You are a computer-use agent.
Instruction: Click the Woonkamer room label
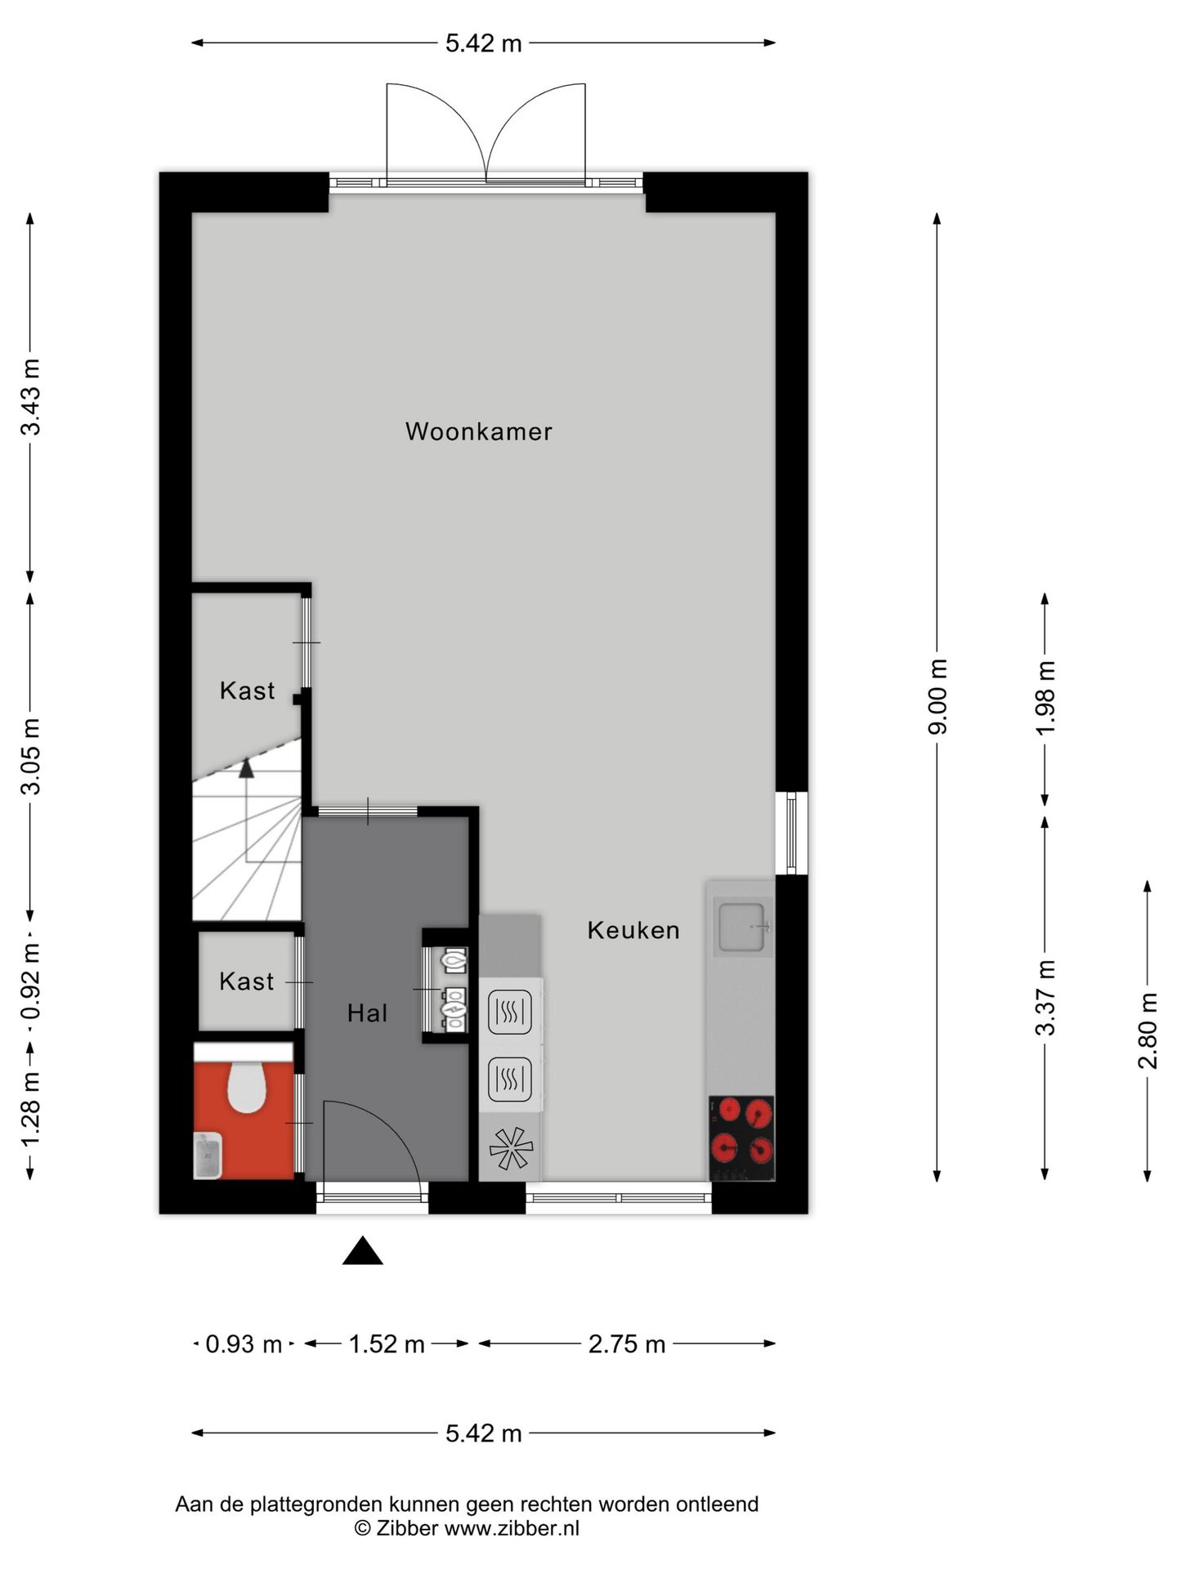(478, 431)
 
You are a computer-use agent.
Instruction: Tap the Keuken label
(633, 930)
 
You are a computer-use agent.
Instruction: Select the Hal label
(367, 1013)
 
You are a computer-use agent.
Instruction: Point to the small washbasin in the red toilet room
(208, 1155)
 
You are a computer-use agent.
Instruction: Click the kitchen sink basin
(742, 926)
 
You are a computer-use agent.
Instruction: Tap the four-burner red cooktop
(741, 1138)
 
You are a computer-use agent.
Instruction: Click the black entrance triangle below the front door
(362, 1252)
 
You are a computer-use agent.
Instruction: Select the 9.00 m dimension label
(938, 696)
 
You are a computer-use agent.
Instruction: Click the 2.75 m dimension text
(627, 1344)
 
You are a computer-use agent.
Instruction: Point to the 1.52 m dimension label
(387, 1344)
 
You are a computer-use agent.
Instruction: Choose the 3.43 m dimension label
(30, 397)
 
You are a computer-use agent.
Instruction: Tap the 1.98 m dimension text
(1045, 697)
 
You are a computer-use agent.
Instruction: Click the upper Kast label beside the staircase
(247, 691)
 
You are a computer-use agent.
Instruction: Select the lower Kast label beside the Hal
(246, 981)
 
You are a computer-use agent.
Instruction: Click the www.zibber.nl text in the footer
(512, 1528)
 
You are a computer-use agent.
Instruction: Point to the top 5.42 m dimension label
(483, 43)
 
